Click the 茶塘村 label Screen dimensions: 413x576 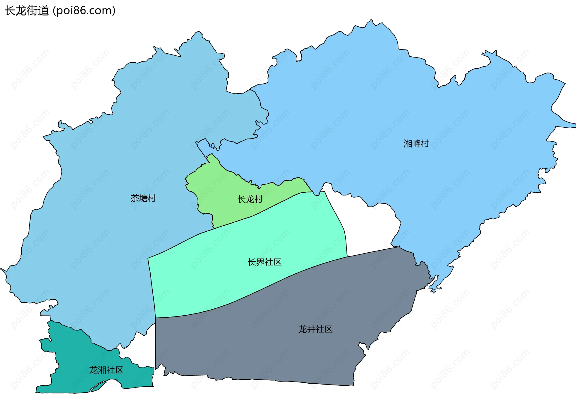click(143, 198)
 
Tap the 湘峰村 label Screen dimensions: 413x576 click(416, 144)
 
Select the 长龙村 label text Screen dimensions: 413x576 click(250, 199)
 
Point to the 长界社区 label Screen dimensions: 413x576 click(264, 262)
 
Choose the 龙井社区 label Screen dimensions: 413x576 click(315, 329)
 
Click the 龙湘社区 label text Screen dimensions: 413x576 click(106, 370)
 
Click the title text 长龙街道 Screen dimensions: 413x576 click(27, 11)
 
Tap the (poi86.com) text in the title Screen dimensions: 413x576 click(84, 11)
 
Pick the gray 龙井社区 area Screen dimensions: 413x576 click(270, 345)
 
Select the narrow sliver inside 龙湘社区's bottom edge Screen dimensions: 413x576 click(98, 386)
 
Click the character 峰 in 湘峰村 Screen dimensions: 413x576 click(416, 144)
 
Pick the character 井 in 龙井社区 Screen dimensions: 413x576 click(311, 329)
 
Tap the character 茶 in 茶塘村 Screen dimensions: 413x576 click(135, 198)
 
